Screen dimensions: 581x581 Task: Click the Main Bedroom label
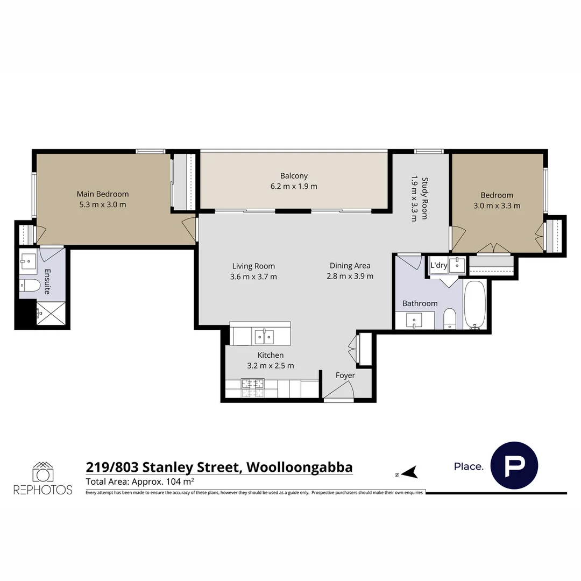(102, 194)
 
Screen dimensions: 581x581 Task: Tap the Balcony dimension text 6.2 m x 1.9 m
(294, 187)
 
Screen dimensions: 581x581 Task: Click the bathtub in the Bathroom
(474, 304)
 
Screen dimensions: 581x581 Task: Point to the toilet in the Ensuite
(30, 285)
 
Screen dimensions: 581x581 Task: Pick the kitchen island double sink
(264, 337)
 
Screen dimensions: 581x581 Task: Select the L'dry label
(438, 265)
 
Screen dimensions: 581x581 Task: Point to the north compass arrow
(409, 473)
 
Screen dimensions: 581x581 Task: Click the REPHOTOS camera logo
(42, 473)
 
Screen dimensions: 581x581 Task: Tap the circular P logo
(514, 466)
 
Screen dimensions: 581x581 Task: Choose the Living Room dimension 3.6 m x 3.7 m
(253, 277)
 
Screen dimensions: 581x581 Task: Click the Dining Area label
(350, 265)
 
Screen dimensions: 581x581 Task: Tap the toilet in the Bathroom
(450, 319)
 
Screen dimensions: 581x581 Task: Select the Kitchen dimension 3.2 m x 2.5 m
(270, 366)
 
